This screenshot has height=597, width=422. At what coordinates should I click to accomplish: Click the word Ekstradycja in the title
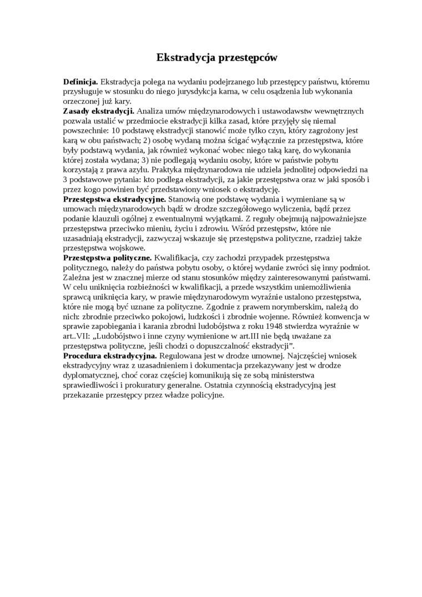coord(184,57)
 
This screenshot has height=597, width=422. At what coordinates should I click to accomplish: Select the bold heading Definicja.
coord(81,82)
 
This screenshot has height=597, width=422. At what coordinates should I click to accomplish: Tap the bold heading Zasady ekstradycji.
coord(99,111)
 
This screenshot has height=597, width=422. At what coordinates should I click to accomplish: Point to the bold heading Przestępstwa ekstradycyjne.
coord(114,198)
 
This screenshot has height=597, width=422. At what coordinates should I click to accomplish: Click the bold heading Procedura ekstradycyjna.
coord(110,355)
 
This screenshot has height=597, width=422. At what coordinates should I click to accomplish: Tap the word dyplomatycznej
coord(91,375)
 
